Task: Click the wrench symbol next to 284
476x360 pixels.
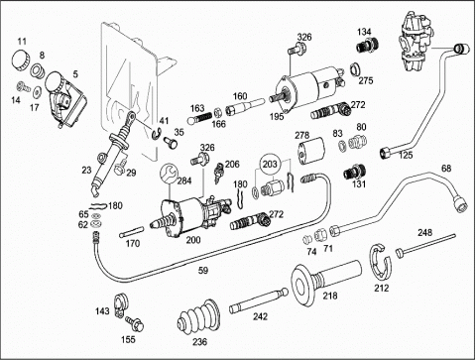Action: pos(169,174)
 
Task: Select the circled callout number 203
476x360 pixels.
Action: pos(270,164)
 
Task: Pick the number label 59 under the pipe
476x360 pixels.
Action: pos(203,271)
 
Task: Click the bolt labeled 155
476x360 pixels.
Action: pos(135,323)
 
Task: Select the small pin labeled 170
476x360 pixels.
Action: pos(131,231)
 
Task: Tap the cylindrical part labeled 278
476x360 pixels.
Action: pos(311,152)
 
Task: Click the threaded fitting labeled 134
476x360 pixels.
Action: pos(367,45)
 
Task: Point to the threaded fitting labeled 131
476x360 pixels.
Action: pos(354,172)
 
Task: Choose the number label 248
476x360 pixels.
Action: pos(424,233)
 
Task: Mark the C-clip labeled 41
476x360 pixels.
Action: pos(157,133)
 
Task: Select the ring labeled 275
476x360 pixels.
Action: pos(356,69)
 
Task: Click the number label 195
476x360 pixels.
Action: pos(277,116)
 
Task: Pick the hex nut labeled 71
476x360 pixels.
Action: pos(320,235)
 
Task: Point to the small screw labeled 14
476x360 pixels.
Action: pos(23,86)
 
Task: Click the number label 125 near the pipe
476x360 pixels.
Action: pos(406,155)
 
